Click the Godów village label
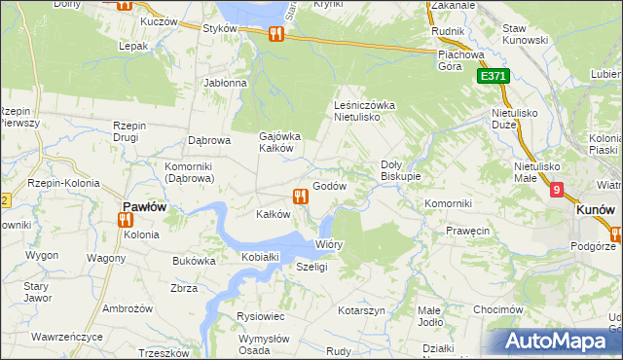(x=329, y=186)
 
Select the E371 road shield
(x=493, y=75)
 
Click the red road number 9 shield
(x=556, y=191)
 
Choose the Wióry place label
(x=329, y=244)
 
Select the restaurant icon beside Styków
(x=275, y=34)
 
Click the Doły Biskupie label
(x=399, y=170)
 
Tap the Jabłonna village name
(x=225, y=83)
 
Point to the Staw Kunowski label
(x=527, y=35)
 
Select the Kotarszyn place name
(x=362, y=309)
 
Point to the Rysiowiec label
(x=260, y=316)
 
